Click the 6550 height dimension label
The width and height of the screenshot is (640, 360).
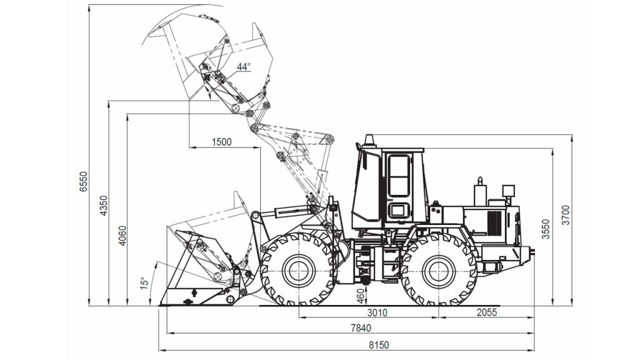[x=83, y=181]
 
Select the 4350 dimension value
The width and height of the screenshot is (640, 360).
[x=104, y=206]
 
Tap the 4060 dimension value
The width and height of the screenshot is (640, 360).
[x=122, y=236]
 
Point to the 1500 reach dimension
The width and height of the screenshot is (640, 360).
[x=222, y=142]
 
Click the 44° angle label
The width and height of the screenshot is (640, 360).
[x=244, y=66]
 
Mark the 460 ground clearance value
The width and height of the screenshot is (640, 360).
[x=359, y=296]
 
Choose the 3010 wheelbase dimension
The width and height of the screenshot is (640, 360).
[x=377, y=312]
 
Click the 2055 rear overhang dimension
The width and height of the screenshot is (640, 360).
[x=487, y=312]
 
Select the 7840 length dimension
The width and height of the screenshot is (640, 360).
[x=361, y=327]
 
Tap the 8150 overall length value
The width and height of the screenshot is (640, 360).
[x=379, y=345]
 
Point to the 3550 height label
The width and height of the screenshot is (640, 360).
[x=546, y=229]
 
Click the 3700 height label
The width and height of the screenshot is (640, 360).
[x=566, y=215]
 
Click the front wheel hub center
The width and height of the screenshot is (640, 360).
[x=299, y=270]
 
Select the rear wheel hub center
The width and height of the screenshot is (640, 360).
[x=439, y=271]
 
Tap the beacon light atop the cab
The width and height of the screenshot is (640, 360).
[x=369, y=141]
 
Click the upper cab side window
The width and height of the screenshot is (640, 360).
[x=399, y=176]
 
